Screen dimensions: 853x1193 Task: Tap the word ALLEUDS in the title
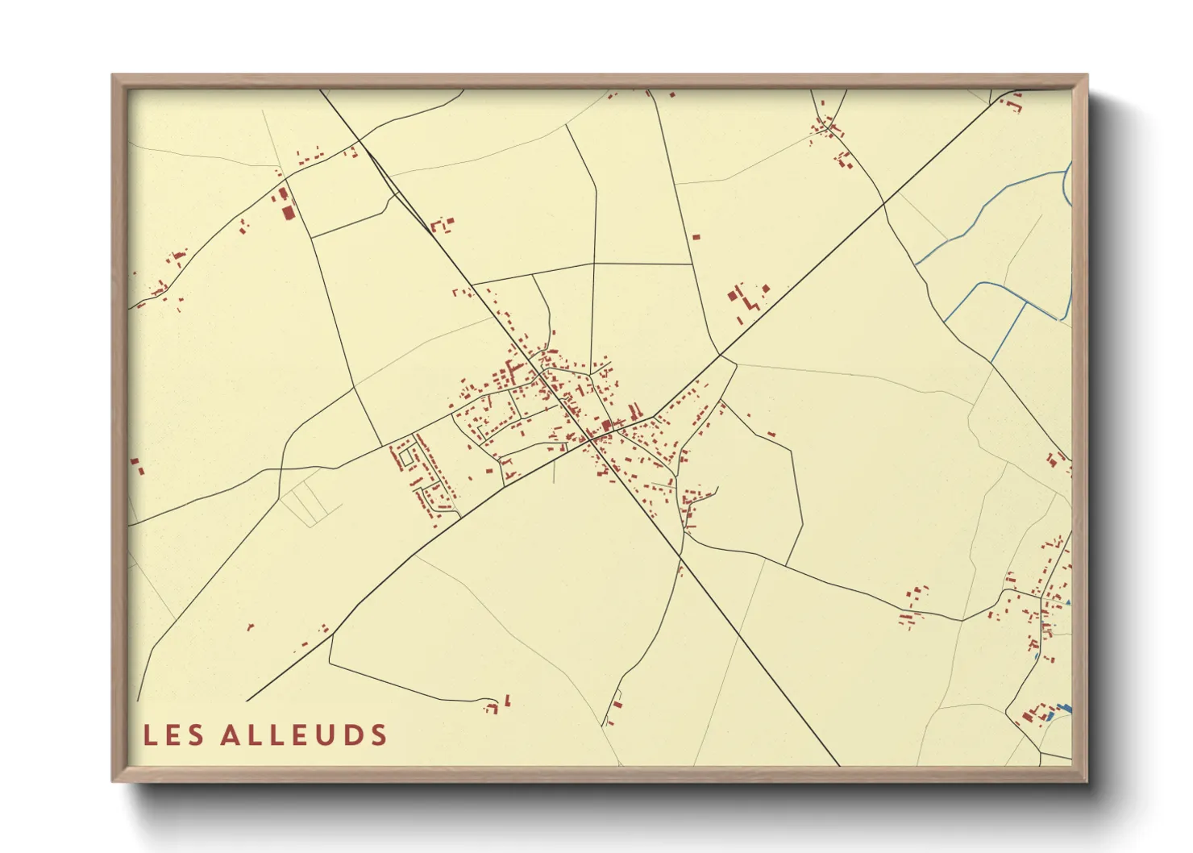pos(304,735)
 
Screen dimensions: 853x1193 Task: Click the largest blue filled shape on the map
pos(1064,708)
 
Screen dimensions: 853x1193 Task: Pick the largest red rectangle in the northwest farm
pos(289,212)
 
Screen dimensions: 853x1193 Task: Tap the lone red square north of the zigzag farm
pos(696,237)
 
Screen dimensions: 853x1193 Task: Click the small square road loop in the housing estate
pos(405,457)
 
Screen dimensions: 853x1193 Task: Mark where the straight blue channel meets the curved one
pos(1025,304)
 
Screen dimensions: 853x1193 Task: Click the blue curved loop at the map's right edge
pos(1067,184)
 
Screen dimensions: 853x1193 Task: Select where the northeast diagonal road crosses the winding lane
pos(883,202)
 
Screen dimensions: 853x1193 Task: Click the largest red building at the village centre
pos(606,426)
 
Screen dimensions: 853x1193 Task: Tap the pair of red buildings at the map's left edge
pos(136,465)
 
